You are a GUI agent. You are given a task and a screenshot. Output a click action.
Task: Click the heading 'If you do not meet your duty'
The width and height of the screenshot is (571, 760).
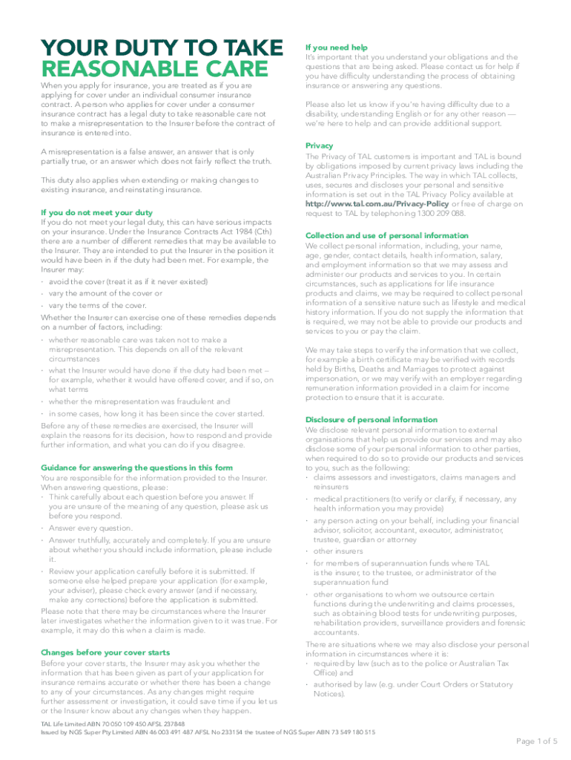(96, 212)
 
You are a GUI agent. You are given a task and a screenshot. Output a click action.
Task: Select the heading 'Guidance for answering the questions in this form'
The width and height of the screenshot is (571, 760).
(136, 468)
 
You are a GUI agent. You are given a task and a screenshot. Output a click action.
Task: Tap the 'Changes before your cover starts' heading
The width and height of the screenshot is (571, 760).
(105, 652)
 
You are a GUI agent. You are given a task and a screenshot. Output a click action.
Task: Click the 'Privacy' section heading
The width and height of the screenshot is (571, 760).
(319, 145)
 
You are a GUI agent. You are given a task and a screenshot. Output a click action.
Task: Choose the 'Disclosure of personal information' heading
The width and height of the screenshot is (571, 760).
(372, 419)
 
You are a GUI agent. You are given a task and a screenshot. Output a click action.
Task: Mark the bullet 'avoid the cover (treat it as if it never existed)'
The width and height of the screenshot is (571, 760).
(128, 282)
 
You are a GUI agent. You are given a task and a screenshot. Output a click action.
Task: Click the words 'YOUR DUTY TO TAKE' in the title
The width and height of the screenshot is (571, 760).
(161, 47)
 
